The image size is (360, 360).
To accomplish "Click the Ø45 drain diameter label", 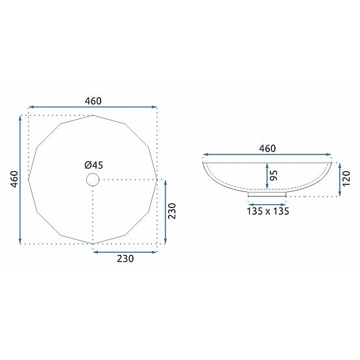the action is (x=93, y=165).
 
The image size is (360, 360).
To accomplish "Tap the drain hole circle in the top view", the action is (x=93, y=173).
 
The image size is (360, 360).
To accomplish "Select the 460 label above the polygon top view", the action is (x=93, y=101).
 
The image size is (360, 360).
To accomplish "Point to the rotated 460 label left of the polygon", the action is (x=14, y=179).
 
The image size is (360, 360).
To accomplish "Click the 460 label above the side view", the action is (x=267, y=149).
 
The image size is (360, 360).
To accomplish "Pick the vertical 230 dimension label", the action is (x=172, y=211).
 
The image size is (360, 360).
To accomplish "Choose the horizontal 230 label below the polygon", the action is (x=125, y=259).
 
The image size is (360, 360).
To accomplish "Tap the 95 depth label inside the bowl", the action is (x=273, y=175).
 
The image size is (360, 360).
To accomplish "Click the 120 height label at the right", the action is (x=346, y=178).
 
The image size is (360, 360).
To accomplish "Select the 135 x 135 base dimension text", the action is (x=268, y=211).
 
